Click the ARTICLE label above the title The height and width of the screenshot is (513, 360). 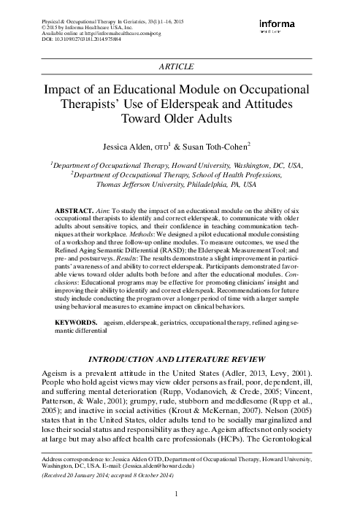(180, 66)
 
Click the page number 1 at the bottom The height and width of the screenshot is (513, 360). (180, 496)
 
